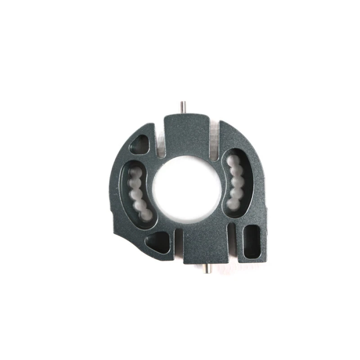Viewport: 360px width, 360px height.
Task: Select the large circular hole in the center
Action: (187, 189)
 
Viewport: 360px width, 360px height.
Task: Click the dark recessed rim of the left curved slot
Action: (124, 189)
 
